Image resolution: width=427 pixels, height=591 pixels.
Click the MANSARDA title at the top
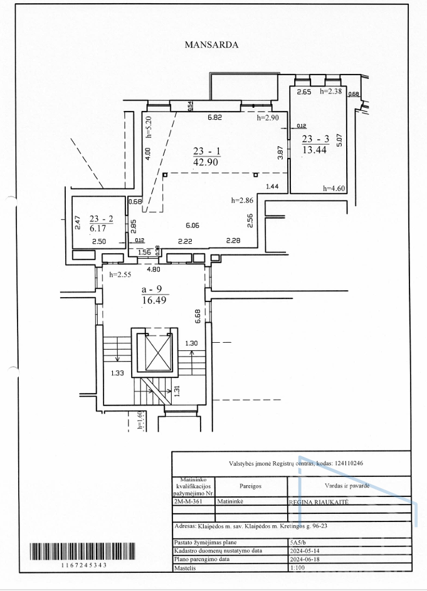tap(211, 44)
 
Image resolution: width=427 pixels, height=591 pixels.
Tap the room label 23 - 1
tap(207, 151)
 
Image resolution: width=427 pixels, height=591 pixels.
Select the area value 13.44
tap(314, 150)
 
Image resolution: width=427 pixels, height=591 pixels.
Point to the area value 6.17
tap(98, 228)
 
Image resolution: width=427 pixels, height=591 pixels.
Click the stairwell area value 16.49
tap(154, 300)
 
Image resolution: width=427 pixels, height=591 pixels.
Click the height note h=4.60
tap(334, 189)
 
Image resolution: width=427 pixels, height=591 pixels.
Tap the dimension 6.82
tap(215, 117)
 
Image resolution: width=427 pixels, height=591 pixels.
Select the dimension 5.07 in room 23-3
tap(339, 140)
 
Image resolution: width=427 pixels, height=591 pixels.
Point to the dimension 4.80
tap(154, 269)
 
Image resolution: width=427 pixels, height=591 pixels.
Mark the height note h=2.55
tap(120, 275)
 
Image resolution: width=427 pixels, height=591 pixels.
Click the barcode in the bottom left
tap(82, 552)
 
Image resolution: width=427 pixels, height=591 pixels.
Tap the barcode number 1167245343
tap(84, 565)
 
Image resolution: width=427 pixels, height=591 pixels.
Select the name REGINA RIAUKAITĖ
tap(319, 502)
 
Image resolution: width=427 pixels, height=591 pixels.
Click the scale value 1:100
tap(298, 567)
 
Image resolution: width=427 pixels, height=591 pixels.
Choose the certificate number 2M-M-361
tap(189, 501)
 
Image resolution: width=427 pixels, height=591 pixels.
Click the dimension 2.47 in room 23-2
tap(78, 222)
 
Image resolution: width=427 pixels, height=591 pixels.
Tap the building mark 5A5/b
tap(298, 543)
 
